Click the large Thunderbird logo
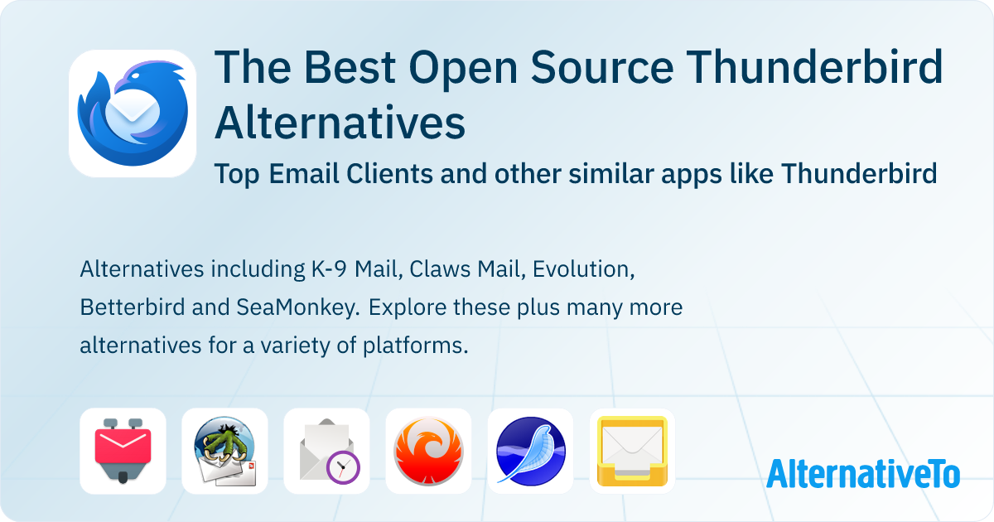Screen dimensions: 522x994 coord(133,114)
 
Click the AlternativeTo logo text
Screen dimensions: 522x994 coord(862,473)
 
